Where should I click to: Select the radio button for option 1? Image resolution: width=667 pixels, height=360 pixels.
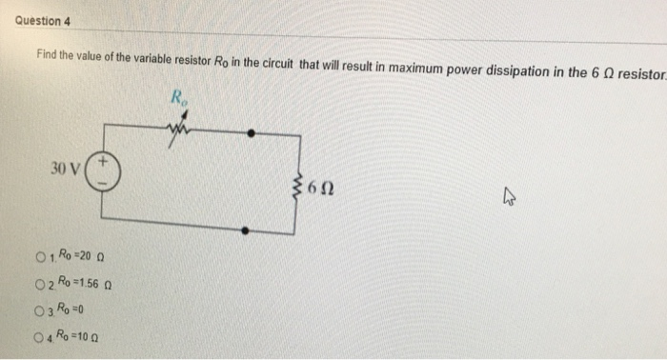(x=39, y=256)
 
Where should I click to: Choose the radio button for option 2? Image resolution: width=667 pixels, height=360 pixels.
(x=39, y=283)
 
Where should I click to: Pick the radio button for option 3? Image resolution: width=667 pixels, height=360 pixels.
(x=39, y=309)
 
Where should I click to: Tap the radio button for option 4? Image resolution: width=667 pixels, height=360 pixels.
(x=39, y=335)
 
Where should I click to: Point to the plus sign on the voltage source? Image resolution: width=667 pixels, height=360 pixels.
(x=106, y=164)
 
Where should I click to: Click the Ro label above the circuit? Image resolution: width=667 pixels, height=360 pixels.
(x=178, y=96)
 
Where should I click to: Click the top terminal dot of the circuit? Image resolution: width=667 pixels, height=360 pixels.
(x=250, y=134)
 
